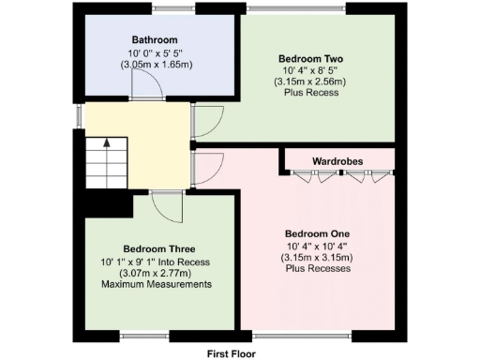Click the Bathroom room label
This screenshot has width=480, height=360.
point(155,40)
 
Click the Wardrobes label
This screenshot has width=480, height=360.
point(337,161)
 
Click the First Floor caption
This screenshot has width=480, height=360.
point(231,353)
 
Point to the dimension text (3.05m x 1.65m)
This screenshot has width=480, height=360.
point(155,66)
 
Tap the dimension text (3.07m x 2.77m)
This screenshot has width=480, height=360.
point(156,273)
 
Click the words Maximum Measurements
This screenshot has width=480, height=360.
point(156,284)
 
